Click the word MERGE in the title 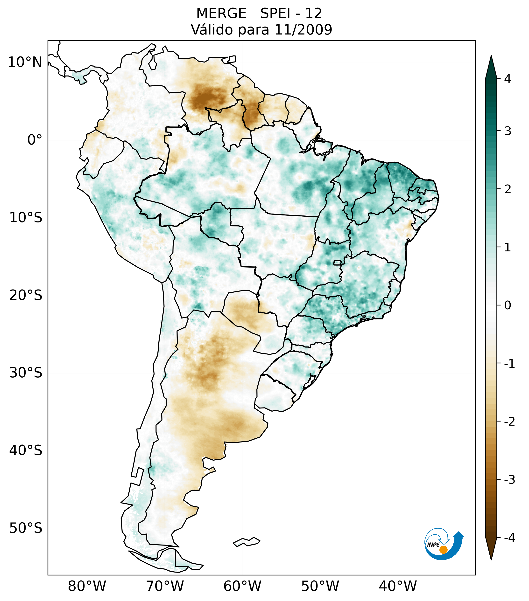tap(221, 14)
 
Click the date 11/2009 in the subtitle tap(303, 30)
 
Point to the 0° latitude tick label tap(35, 140)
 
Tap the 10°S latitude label tap(26, 218)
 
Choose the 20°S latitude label tap(26, 295)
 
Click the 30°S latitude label tap(26, 373)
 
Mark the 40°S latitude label tap(26, 450)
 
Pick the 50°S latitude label tap(26, 528)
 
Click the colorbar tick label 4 tap(508, 79)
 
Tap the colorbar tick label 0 tap(508, 305)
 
